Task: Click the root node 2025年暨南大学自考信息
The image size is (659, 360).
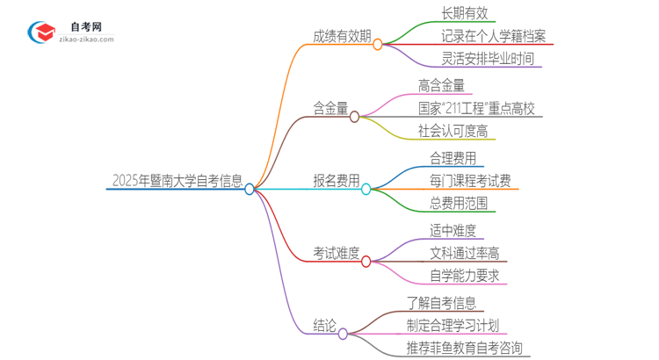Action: coord(177,181)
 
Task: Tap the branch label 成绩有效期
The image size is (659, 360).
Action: coord(342,37)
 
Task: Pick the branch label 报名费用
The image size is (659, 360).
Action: coord(336,181)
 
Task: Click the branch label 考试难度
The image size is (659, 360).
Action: coord(336,254)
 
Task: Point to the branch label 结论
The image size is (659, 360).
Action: coord(324,326)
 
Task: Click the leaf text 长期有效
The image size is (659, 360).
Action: coord(465,13)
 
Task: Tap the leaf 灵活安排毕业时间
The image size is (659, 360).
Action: coord(488,60)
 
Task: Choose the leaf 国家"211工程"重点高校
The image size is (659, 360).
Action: coord(475,109)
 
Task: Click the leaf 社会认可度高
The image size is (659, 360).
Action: coord(453,132)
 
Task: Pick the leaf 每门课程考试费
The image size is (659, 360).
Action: coord(470,181)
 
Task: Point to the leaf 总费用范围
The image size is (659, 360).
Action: coord(458,204)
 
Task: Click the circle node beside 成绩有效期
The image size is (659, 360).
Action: coord(378,44)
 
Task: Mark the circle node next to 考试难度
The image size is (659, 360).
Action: coord(366,261)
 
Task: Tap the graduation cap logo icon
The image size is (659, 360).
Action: coord(41,32)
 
